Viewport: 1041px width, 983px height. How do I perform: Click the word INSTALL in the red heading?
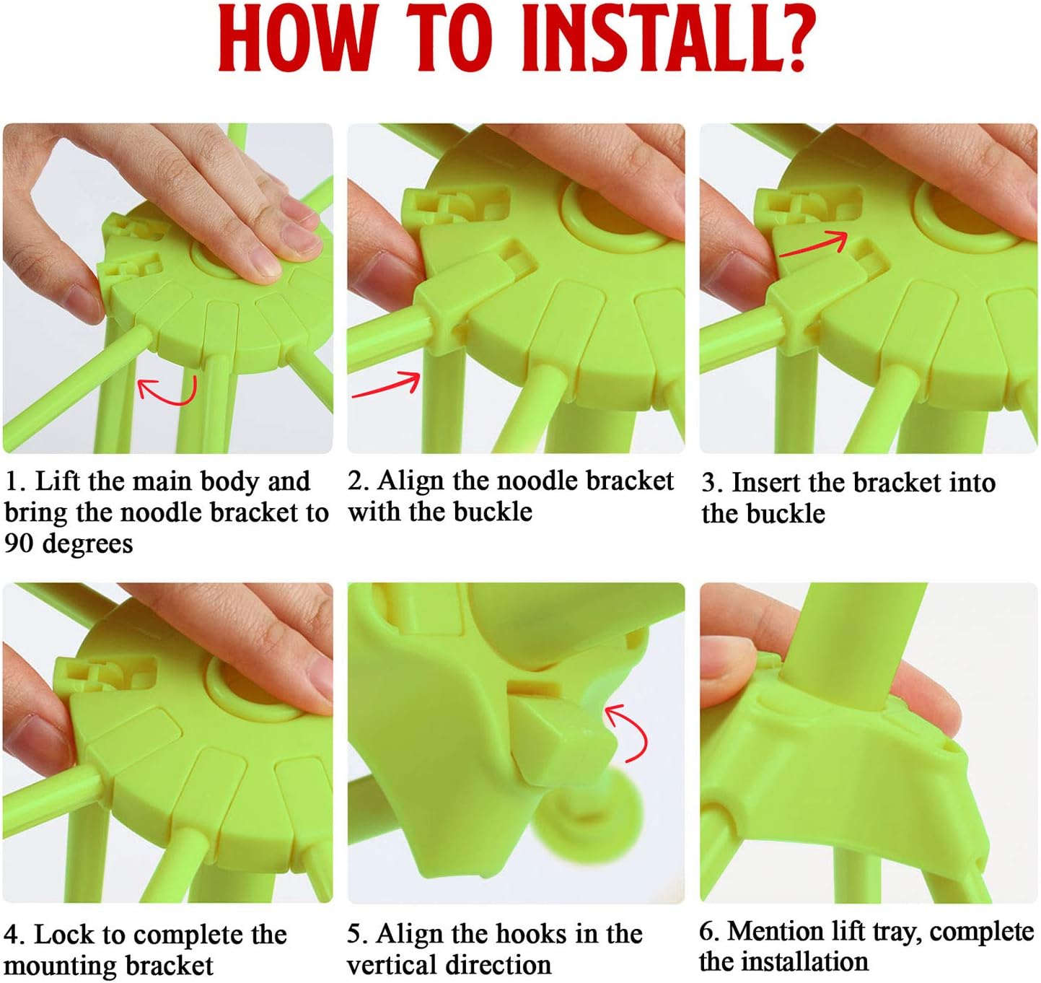tap(641, 40)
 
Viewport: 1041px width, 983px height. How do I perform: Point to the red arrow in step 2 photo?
tap(387, 385)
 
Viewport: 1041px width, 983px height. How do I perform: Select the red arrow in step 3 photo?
tap(814, 243)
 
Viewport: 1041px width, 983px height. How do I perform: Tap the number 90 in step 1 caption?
tap(20, 543)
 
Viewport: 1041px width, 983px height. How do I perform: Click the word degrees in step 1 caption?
tap(87, 544)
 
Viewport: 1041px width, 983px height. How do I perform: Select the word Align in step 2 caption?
tap(410, 481)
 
